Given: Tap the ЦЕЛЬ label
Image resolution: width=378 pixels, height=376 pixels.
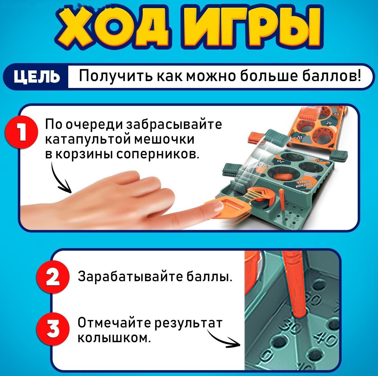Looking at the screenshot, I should click(37, 77).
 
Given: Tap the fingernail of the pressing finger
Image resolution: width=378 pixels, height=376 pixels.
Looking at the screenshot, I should click(216, 207).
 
